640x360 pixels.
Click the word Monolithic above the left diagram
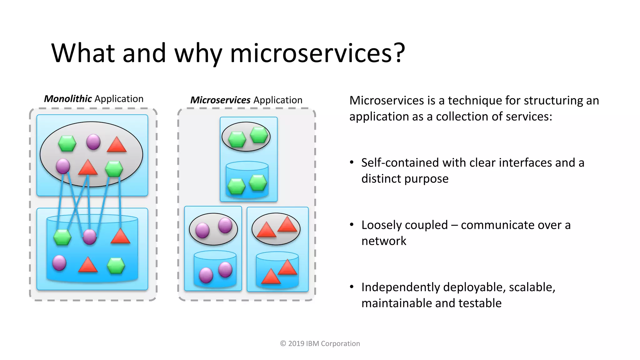point(68,99)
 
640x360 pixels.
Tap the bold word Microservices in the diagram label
point(220,100)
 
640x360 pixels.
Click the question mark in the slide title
point(399,53)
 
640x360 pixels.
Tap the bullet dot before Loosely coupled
point(352,225)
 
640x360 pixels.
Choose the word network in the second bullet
point(384,241)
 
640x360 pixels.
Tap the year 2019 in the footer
point(296,343)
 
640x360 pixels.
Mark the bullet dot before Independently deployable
point(352,287)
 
